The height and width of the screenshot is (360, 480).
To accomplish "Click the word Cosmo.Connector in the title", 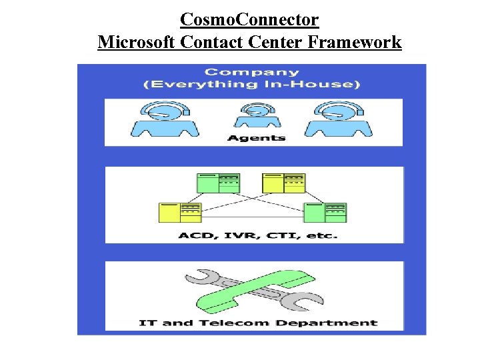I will tap(249, 19).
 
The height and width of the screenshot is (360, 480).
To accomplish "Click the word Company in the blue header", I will tap(251, 72).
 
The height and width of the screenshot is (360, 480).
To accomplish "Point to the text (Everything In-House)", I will tap(252, 84).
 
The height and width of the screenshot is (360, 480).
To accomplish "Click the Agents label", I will tap(247, 138).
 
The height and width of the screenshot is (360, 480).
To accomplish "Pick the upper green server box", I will tap(218, 183).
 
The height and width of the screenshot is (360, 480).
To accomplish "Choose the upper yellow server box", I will tap(284, 183).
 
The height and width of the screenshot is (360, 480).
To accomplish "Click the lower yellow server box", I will tap(179, 212).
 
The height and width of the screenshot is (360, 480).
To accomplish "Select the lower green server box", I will tap(325, 212).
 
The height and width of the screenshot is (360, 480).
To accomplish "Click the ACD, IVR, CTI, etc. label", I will tap(249, 236).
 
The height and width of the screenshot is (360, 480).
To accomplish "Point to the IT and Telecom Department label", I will tap(258, 323).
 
